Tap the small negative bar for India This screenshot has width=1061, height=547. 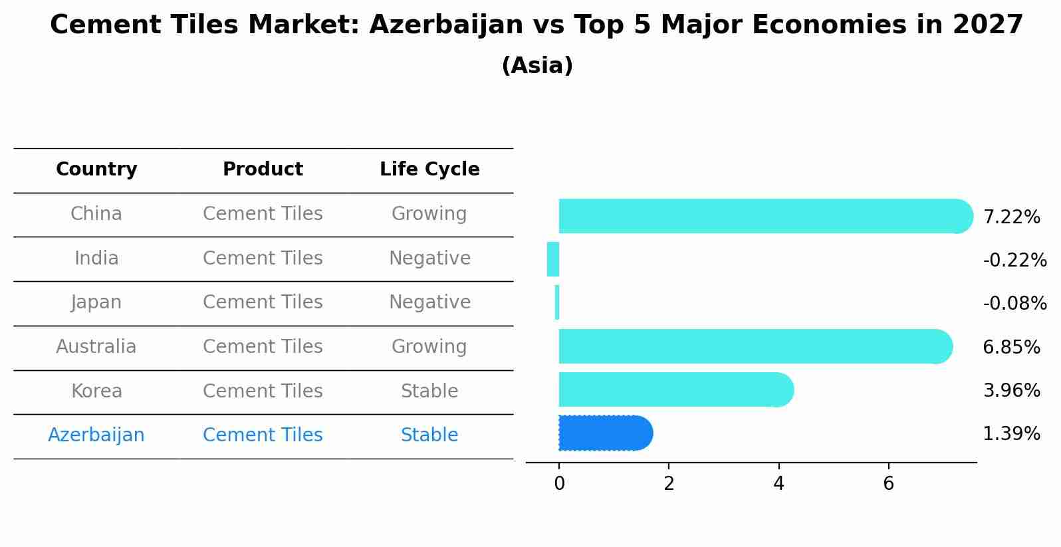click(553, 259)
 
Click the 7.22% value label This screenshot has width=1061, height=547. click(1011, 217)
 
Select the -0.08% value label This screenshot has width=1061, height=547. click(1014, 304)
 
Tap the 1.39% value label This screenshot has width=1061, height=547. click(1011, 434)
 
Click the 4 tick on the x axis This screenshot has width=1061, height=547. click(778, 484)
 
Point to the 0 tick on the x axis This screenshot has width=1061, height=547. click(559, 484)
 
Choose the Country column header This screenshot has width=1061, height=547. click(96, 169)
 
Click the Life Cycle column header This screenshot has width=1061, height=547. click(429, 169)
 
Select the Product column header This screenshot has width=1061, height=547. click(263, 169)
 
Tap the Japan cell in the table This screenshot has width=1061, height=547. click(96, 302)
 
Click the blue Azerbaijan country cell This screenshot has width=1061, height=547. click(96, 435)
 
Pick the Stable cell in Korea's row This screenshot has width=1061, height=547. click(429, 391)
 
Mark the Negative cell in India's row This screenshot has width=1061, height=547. click(429, 259)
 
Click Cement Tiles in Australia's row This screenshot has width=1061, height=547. click(263, 347)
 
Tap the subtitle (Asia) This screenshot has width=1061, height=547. click(537, 66)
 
